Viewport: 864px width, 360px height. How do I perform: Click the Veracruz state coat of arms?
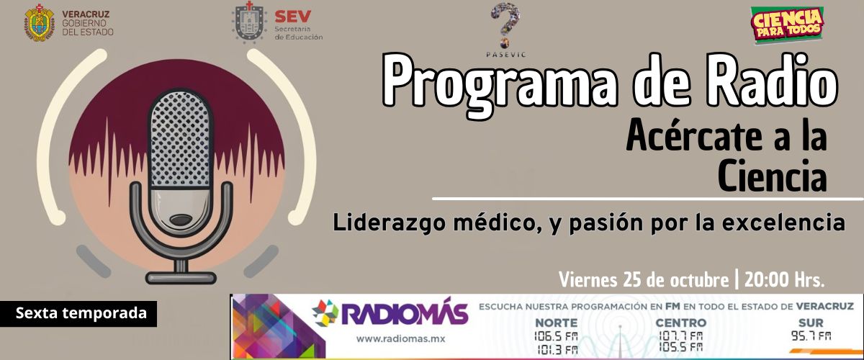click(40, 23)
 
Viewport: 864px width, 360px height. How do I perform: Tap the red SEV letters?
click(293, 17)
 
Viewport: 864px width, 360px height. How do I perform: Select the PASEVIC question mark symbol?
click(505, 25)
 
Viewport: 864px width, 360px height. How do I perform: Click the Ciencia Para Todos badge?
click(787, 25)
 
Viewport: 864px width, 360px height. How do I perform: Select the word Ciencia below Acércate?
click(772, 176)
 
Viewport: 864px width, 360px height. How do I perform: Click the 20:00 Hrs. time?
click(785, 280)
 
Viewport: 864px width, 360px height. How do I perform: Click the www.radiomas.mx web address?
click(400, 339)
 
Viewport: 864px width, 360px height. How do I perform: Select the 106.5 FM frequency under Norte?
click(556, 336)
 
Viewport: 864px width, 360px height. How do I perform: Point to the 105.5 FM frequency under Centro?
click(680, 347)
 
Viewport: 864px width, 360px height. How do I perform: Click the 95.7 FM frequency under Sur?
click(811, 336)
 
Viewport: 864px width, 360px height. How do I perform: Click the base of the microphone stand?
click(181, 278)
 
